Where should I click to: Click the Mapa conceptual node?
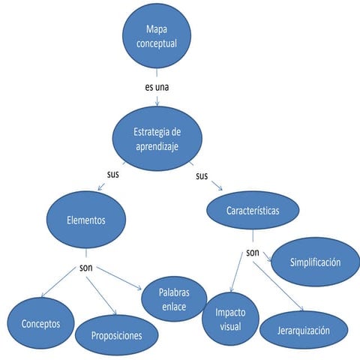click(157, 37)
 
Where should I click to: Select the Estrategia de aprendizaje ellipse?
click(157, 138)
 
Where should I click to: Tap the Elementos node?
click(85, 220)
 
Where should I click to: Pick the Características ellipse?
click(253, 211)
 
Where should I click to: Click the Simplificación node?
click(316, 262)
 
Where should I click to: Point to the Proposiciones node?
click(116, 335)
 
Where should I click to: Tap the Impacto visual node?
click(229, 319)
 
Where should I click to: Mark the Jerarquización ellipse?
click(304, 330)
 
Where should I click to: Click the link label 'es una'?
click(157, 87)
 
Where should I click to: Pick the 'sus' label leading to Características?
click(201, 176)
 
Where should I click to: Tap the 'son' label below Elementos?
click(86, 267)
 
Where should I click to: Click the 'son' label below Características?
click(252, 252)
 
